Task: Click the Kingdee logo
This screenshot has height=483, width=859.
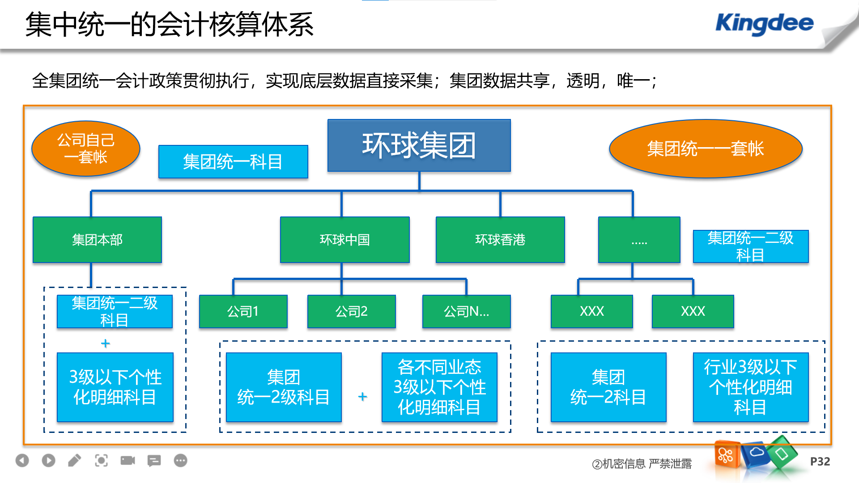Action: click(764, 24)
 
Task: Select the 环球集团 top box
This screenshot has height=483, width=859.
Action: click(419, 145)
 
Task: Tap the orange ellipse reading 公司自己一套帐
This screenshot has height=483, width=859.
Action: click(86, 148)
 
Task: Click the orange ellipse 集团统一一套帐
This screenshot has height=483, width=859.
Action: click(706, 148)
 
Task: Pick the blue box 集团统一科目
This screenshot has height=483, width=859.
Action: click(233, 161)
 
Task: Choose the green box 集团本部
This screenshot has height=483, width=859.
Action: click(97, 240)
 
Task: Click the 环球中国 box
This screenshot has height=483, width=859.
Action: click(344, 240)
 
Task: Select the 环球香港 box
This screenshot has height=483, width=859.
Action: click(500, 240)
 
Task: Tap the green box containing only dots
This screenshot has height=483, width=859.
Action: click(639, 240)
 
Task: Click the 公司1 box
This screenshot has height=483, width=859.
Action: click(243, 311)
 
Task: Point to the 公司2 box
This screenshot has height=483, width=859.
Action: click(351, 311)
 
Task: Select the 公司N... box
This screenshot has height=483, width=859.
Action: click(466, 311)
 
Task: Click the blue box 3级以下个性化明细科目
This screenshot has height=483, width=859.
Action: click(115, 387)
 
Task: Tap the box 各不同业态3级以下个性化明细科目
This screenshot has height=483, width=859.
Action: click(439, 387)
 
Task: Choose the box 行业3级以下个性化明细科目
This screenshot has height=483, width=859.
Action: click(751, 387)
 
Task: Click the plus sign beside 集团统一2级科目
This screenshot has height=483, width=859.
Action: click(362, 397)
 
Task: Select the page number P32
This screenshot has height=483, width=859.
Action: click(820, 462)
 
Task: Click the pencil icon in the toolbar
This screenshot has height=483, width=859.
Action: click(75, 460)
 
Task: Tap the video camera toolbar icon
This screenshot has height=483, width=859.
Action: click(128, 460)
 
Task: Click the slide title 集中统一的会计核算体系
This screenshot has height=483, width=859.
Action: click(169, 25)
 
